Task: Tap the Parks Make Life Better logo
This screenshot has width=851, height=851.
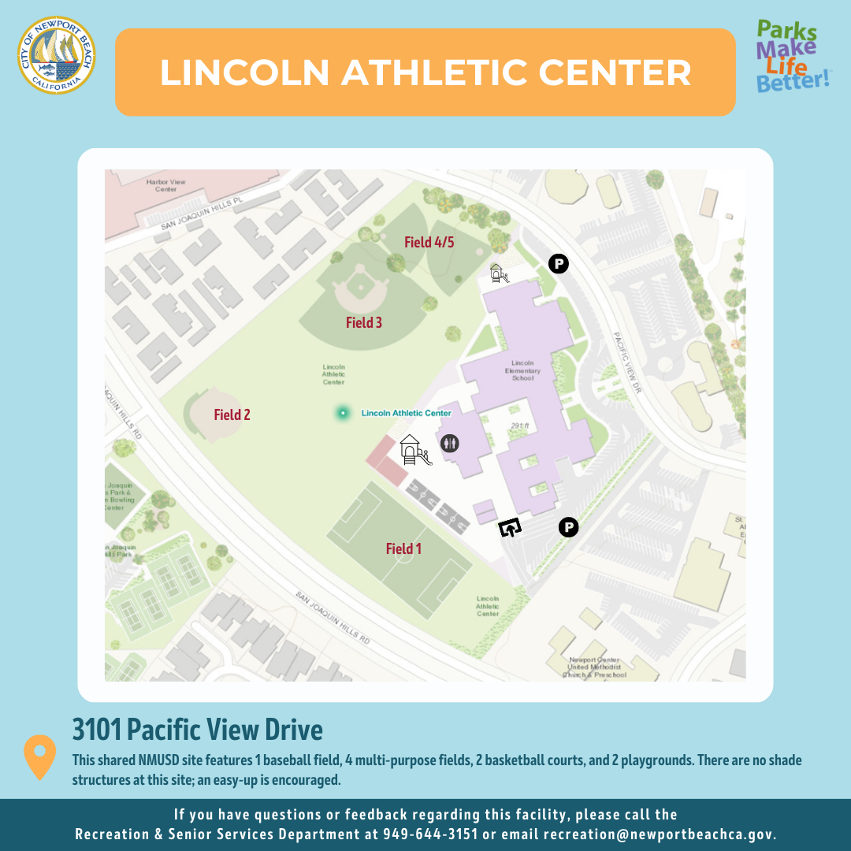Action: pos(792,56)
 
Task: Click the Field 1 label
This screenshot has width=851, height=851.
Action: pos(403,548)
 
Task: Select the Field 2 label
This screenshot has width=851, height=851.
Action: pos(232,414)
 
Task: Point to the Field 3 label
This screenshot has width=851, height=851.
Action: pos(364,322)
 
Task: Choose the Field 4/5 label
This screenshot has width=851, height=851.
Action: pos(429,242)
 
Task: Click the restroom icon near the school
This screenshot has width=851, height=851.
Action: pos(449,443)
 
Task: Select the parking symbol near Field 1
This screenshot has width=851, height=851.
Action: pos(568,527)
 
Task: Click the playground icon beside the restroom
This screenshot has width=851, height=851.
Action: pos(414,451)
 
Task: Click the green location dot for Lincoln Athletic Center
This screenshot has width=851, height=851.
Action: pos(343,412)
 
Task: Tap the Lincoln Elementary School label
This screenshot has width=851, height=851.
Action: pos(522,370)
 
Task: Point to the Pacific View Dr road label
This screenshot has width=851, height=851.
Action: pos(628,362)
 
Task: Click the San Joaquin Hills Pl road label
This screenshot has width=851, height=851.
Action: pos(200,215)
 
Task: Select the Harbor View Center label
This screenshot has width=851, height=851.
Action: pos(165,186)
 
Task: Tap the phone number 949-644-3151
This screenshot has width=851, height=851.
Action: pos(429,834)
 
